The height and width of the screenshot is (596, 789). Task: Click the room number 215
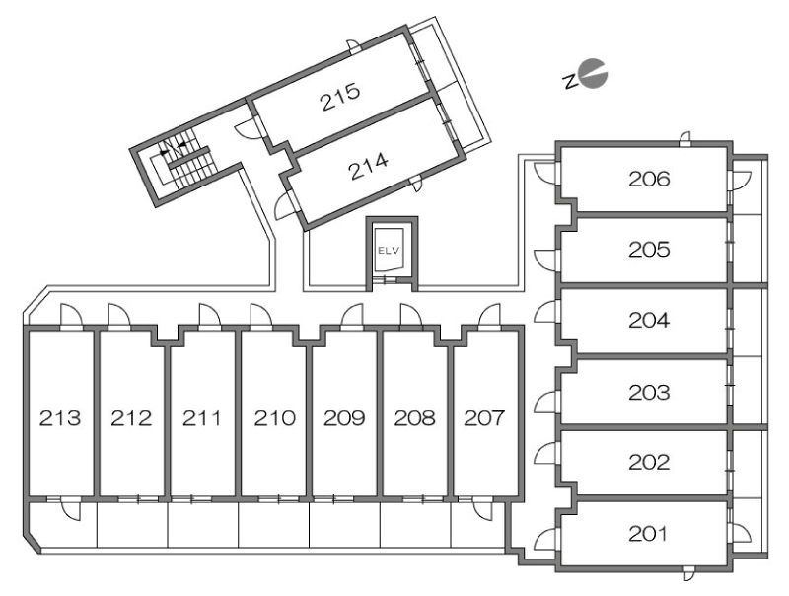coord(340,96)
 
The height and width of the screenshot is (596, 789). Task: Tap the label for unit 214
coord(369,166)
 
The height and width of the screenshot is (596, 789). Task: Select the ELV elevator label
coord(392,251)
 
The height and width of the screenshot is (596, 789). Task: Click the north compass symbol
coord(586,75)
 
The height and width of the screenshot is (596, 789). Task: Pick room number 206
coord(649,179)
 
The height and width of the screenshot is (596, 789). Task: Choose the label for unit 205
coord(649,250)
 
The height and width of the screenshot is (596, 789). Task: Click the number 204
coord(649,320)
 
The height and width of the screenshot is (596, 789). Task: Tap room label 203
coord(649,392)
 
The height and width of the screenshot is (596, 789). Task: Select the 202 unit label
coord(649,462)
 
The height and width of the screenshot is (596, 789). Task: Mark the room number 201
coord(649,534)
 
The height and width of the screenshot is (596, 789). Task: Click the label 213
coord(60,417)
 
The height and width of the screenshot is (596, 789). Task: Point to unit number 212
coord(131,417)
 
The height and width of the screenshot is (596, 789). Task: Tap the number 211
coord(202,417)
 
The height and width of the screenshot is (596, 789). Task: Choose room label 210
coord(274,417)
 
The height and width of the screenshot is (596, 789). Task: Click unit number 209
coord(344,417)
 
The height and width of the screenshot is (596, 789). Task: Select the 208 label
coord(414,417)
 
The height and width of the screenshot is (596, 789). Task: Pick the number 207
coord(484,417)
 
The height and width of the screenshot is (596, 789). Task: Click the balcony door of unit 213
coord(70,508)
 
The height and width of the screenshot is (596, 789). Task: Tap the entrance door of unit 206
coord(545,173)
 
